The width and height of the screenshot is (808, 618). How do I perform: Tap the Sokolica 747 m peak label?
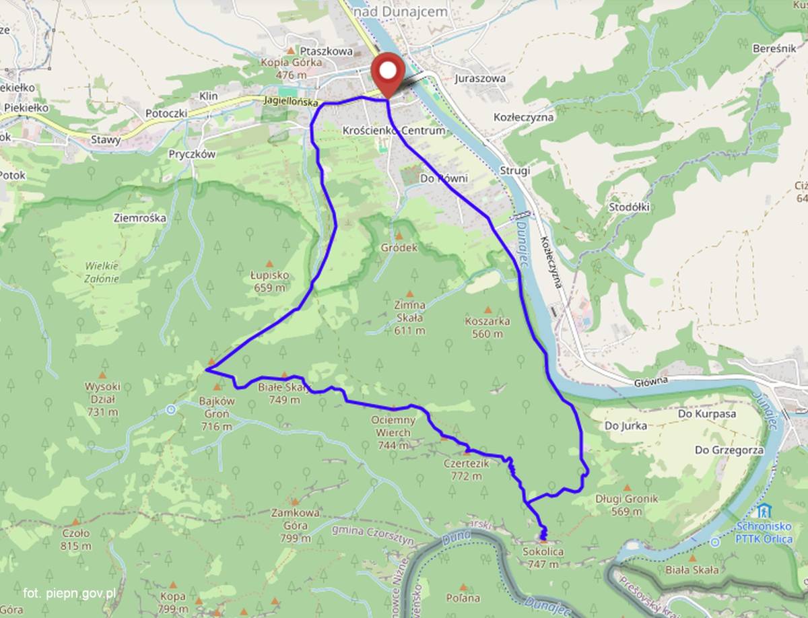coord(542,558)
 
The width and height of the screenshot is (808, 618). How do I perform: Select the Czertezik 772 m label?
coord(464,470)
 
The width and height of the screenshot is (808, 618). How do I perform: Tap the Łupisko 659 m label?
coord(269,281)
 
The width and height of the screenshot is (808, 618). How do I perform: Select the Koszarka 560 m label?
coord(487,327)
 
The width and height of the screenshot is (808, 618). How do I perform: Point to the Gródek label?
coord(399,247)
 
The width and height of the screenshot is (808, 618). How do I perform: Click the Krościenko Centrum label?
coord(393,130)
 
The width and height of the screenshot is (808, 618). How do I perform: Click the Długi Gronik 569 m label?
coord(626,505)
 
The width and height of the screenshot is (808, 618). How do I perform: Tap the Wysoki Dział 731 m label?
coord(102,399)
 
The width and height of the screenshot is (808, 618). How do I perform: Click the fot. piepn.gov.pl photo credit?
coord(69,593)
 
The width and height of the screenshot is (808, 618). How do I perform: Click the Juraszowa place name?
coord(479,78)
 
